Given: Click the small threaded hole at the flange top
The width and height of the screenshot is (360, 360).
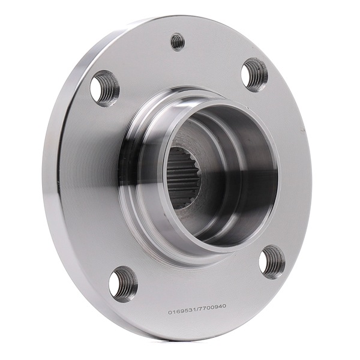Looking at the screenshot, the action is click(x=178, y=42).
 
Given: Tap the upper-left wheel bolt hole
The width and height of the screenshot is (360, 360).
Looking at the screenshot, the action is click(x=104, y=88).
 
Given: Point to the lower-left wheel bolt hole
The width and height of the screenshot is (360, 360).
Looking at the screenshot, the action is click(x=123, y=284).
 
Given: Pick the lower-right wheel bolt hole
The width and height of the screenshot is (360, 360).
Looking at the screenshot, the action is click(x=272, y=262).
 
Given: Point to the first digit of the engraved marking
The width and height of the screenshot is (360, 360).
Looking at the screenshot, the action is click(x=170, y=313).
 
